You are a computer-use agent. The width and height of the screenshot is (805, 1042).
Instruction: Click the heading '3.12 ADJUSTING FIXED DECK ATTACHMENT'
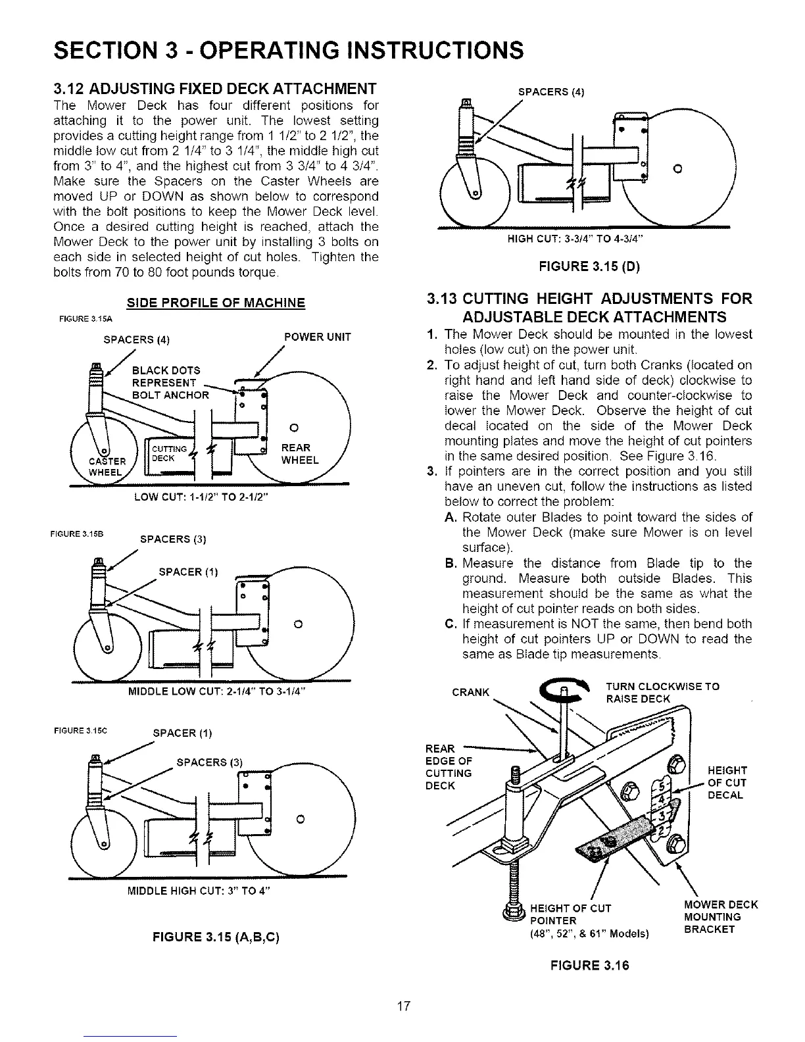pos(214,89)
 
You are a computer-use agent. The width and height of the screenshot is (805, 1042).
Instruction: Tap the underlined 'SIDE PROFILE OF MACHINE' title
pos(216,303)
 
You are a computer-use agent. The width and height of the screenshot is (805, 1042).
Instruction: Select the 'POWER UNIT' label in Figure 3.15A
pos(317,337)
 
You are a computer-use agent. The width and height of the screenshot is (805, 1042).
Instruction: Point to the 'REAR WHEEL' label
pos(299,454)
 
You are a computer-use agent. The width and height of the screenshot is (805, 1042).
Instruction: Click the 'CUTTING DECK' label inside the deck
pos(165,453)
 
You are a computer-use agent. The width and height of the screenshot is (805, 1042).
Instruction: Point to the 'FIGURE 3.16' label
pos(589,966)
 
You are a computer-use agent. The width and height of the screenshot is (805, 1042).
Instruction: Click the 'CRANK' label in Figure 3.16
pos(471,692)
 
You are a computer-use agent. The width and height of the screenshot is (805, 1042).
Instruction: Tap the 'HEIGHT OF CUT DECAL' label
pos(725,782)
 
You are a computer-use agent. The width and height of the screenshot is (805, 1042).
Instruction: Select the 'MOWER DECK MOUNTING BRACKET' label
pos(721,917)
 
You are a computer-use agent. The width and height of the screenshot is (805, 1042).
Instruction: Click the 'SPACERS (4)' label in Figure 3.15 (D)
pos(552,91)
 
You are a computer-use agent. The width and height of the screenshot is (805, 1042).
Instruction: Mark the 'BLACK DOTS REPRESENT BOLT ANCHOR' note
pos(170,382)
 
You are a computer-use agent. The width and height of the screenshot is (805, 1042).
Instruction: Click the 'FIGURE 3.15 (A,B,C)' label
pos(216,936)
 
